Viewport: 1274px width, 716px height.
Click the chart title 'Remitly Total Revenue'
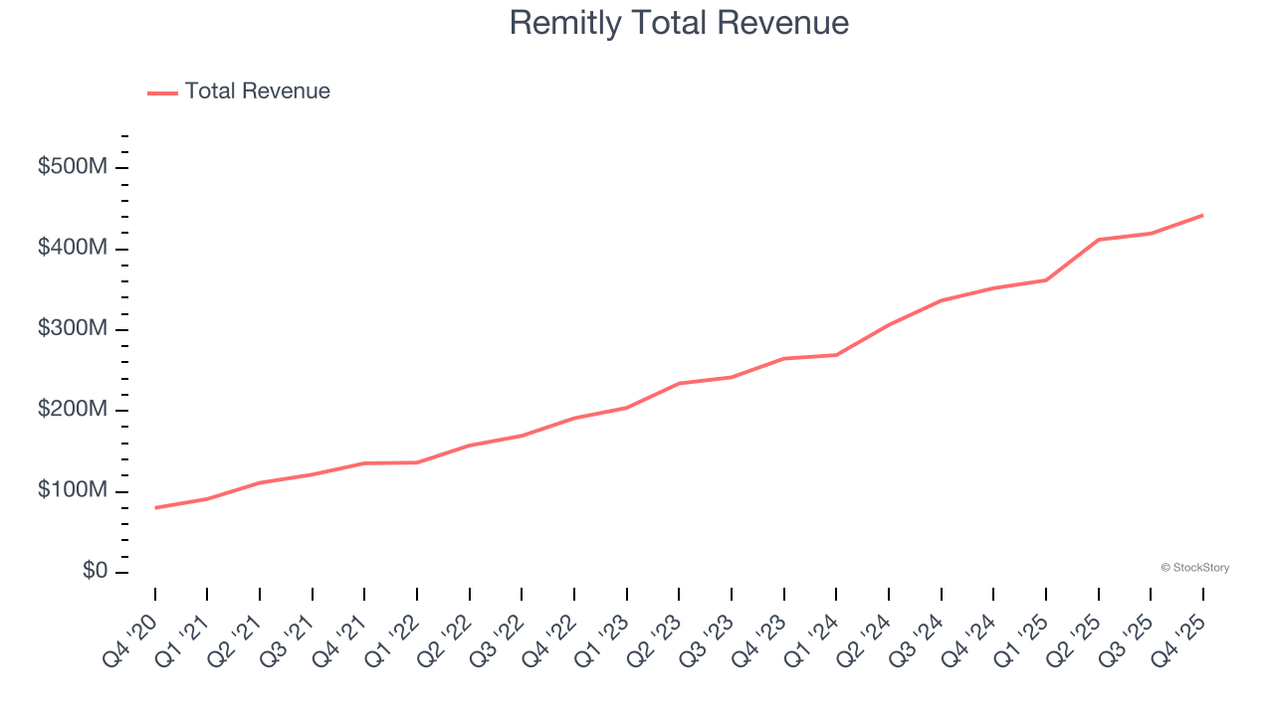pos(679,23)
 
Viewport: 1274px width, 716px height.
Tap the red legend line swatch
pos(162,92)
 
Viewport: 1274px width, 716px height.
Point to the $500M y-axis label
pos(72,167)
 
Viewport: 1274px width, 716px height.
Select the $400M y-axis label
pos(72,248)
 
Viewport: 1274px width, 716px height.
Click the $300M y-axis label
pos(72,329)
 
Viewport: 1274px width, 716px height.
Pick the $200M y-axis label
pos(72,410)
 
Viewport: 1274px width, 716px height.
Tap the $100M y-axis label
pos(72,491)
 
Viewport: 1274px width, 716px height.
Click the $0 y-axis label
pos(96,572)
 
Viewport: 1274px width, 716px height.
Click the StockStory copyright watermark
pos(1194,568)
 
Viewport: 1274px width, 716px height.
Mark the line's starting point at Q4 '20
pos(155,507)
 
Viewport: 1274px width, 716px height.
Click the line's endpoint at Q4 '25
pos(1202,215)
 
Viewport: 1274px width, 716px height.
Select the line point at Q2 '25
pos(1098,240)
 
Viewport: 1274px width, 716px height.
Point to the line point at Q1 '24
pos(836,355)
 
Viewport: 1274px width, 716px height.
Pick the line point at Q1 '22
pos(417,462)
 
